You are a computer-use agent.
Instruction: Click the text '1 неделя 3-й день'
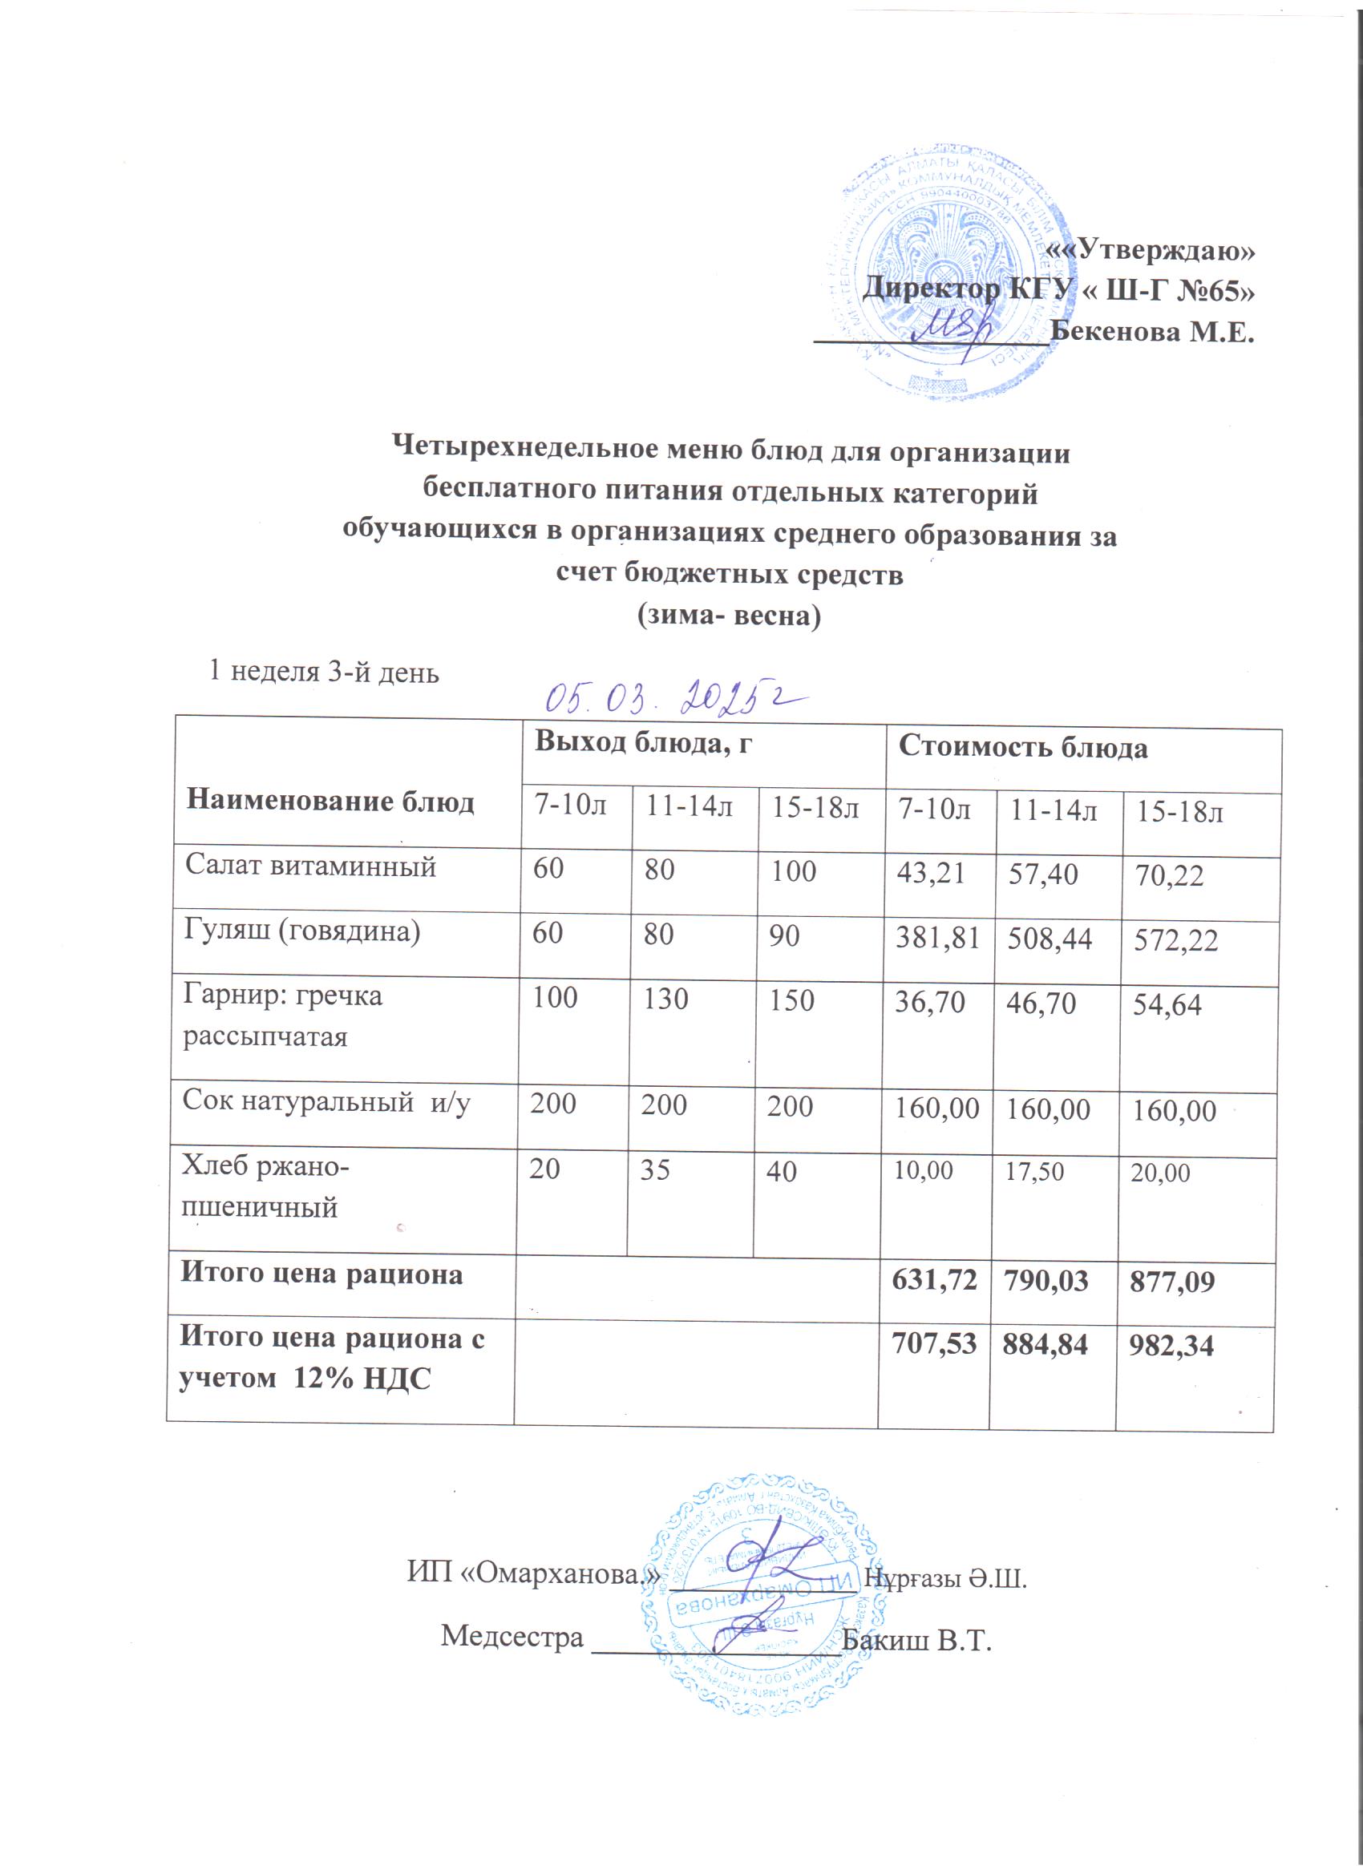323,672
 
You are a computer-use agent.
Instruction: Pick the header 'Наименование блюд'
330,801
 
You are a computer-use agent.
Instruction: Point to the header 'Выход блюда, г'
643,742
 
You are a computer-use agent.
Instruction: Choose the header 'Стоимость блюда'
1022,747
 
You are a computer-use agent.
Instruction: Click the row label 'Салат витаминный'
310,866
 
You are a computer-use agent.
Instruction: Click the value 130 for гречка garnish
665,999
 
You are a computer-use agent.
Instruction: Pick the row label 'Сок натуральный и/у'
326,1101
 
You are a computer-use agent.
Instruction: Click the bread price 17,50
1034,1171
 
